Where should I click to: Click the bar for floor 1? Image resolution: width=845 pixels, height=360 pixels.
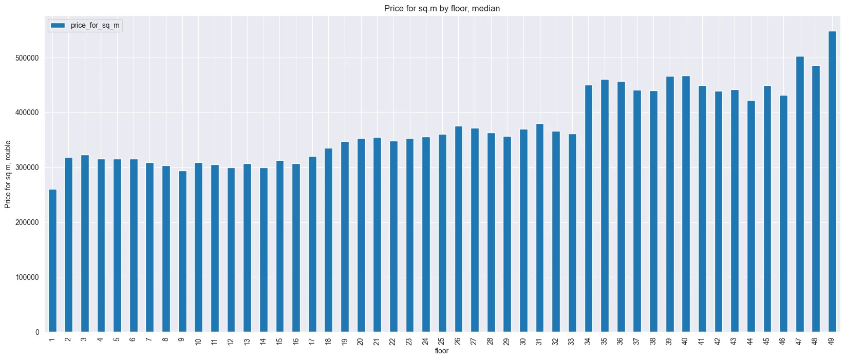52,260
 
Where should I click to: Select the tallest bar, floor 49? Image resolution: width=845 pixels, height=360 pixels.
832,182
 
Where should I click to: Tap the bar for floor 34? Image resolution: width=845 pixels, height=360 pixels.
589,209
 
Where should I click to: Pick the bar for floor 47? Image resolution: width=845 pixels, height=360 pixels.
800,194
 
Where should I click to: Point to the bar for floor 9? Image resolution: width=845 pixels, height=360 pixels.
182,252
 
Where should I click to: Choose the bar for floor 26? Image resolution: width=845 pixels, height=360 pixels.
458,229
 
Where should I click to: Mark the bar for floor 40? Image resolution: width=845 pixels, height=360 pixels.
686,204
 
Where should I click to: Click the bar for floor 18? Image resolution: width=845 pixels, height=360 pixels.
329,240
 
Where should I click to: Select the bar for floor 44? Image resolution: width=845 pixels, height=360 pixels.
751,216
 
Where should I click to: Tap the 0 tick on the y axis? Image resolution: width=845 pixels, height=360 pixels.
37,332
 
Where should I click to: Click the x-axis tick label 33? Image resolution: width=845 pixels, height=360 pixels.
572,342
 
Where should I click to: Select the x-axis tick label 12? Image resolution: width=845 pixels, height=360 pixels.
231,342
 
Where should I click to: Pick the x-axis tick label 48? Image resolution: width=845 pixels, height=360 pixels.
815,342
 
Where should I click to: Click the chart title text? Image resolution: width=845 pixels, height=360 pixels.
442,8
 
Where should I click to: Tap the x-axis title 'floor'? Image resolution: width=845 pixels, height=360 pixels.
442,351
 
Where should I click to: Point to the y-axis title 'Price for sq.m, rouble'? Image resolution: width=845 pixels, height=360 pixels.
8,175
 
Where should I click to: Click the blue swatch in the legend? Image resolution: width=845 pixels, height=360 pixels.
58,25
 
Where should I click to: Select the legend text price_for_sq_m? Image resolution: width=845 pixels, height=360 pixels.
95,26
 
